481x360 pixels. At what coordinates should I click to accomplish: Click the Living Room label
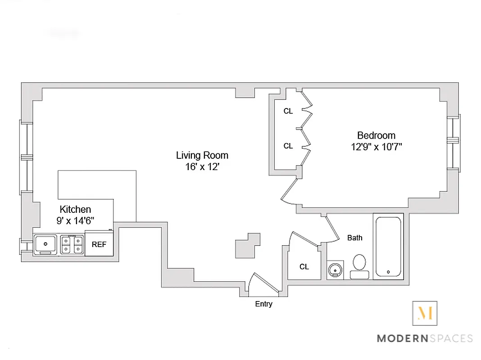click(202, 155)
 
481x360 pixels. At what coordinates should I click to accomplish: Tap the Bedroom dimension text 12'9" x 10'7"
click(376, 147)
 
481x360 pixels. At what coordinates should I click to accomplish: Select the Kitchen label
click(75, 209)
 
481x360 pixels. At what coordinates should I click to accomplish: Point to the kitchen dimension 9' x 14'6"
click(75, 220)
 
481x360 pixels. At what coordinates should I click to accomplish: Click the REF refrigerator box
click(99, 244)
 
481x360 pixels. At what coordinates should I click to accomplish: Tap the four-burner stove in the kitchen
click(72, 244)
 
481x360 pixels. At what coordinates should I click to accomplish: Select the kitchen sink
click(45, 244)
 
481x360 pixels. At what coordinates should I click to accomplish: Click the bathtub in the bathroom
click(388, 247)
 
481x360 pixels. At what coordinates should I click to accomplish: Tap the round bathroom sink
click(335, 270)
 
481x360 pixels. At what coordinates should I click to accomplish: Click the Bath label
click(354, 238)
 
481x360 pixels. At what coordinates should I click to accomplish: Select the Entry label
click(263, 304)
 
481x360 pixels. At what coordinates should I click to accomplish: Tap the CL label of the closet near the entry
click(304, 267)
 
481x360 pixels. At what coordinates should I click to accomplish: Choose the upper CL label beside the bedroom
click(288, 111)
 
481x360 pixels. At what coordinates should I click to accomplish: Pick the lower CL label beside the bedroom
click(288, 146)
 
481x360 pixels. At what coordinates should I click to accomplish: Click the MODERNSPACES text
click(424, 338)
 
